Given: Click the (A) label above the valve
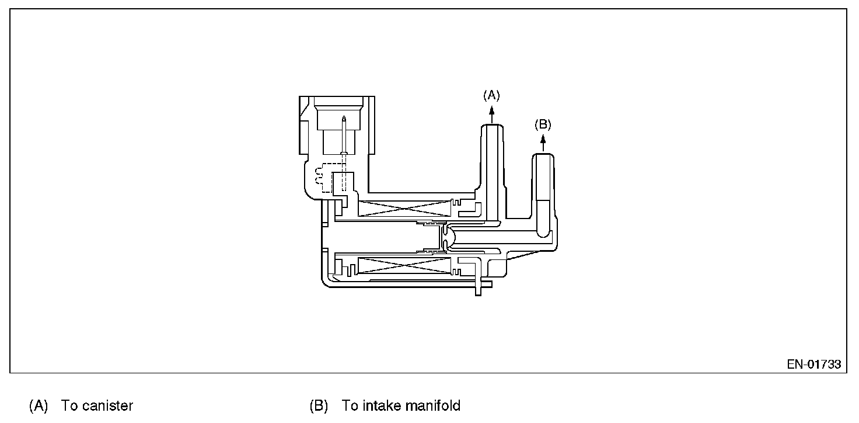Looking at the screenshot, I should [491, 94].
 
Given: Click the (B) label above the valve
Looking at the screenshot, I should [543, 124].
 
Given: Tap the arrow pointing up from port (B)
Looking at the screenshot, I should [543, 142].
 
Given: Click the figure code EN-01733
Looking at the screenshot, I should [813, 364].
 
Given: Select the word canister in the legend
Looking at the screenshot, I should [107, 405].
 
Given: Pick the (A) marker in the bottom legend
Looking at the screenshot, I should [39, 405].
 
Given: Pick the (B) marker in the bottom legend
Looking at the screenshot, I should [319, 405].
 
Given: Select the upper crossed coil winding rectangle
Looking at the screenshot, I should [405, 207].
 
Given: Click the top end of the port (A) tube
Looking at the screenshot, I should [491, 127].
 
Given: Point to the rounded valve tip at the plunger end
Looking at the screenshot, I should [446, 236].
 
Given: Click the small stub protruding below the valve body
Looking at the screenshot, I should [479, 289].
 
